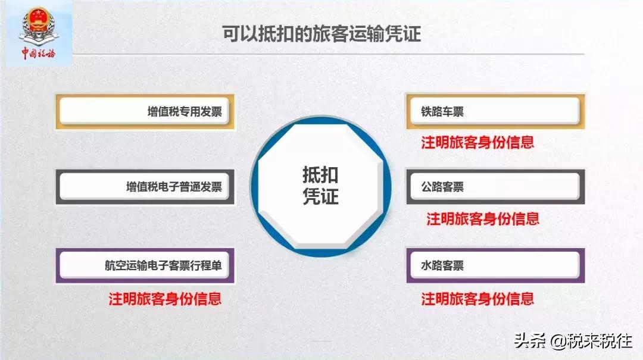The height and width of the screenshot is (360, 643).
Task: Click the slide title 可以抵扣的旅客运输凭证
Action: tap(321, 33)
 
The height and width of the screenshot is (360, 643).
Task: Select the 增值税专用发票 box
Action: tap(145, 111)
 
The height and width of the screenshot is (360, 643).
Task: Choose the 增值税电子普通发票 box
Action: tap(145, 187)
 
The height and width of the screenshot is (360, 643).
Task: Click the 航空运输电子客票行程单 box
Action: tap(145, 265)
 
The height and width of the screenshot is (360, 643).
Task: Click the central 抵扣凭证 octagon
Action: tap(320, 186)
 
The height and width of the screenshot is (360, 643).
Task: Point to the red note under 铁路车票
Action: tap(477, 143)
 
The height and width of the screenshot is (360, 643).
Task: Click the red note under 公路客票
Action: tap(483, 219)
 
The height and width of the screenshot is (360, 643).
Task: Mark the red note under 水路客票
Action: tap(477, 298)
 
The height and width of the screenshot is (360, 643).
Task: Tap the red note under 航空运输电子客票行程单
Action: tap(165, 298)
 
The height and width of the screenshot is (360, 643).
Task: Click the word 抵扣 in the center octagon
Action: tap(320, 175)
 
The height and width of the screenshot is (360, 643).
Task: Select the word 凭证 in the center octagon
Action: tap(320, 197)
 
